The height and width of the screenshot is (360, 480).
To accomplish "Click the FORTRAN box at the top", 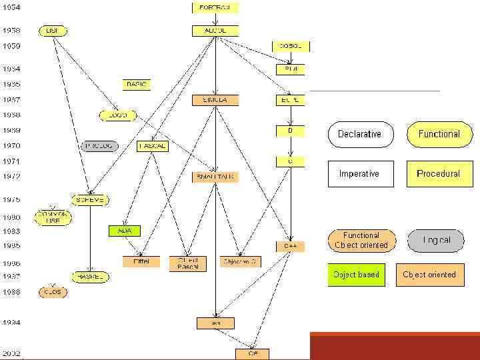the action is (x=215, y=7).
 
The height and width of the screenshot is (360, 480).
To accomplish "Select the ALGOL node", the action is (x=215, y=31).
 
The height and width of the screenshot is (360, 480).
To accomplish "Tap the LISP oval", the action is (x=51, y=31).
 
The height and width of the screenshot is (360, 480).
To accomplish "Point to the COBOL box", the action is (x=291, y=47).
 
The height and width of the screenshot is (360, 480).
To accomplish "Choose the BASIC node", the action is (x=136, y=85).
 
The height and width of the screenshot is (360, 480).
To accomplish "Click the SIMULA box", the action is (x=215, y=100).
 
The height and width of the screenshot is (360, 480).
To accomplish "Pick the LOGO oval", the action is (x=117, y=115).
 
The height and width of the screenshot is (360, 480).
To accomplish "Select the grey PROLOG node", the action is (x=99, y=145).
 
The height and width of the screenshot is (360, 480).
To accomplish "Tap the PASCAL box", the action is (x=153, y=146).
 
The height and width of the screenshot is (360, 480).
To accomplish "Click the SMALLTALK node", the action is (x=215, y=177).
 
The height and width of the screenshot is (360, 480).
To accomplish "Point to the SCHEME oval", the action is (x=90, y=200).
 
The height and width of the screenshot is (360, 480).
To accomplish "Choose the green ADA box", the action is (x=125, y=231).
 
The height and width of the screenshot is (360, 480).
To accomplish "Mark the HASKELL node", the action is (x=90, y=276).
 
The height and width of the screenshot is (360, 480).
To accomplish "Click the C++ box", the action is (x=291, y=246).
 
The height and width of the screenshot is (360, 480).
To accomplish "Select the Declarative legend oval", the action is (x=360, y=134).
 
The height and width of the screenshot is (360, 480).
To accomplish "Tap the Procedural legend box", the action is (x=437, y=174).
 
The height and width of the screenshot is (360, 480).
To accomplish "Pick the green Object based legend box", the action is (x=357, y=275).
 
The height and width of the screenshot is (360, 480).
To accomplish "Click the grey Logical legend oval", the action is (x=436, y=240).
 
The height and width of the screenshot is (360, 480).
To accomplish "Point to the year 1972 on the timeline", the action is (x=11, y=177).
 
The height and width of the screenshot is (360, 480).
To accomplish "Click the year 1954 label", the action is (x=11, y=7).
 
